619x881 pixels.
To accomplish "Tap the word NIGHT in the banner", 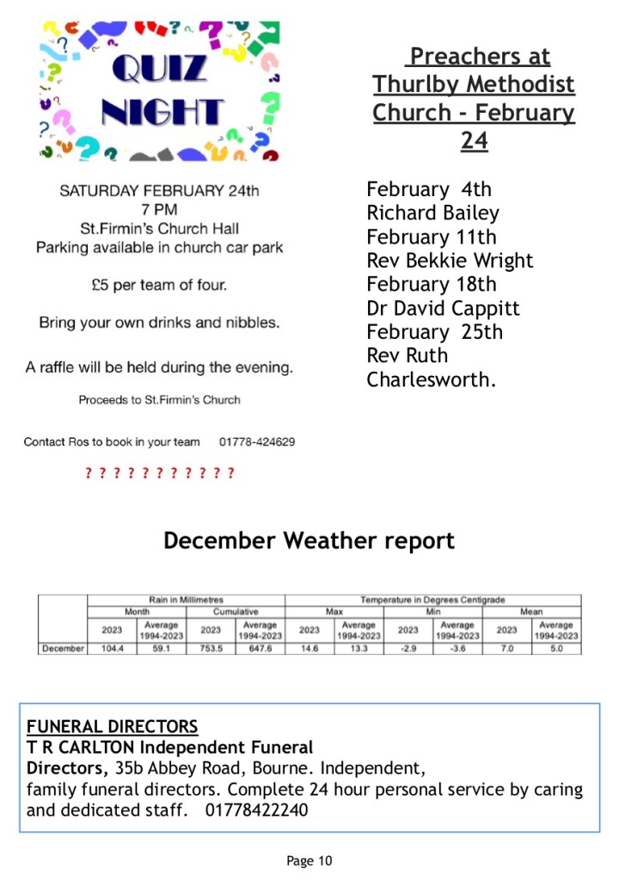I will coord(162,112).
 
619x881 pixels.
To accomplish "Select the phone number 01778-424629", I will coord(257,442).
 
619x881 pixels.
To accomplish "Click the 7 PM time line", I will coord(159,209).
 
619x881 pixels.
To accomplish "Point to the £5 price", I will coord(102,285).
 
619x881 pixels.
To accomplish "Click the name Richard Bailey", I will coord(432,213).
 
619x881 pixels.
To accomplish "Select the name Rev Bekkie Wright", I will coord(450,261).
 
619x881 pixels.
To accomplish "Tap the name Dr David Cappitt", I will coord(443,308).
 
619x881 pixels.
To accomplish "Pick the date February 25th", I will coord(434,332).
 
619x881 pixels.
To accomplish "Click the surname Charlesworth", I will coord(432,379).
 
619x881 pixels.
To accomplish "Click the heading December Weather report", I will coord(309,541).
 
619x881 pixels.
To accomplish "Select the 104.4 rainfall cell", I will coord(113,649).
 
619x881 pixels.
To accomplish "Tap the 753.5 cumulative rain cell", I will coord(211,649).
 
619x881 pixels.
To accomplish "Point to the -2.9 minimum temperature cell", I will coord(408,649).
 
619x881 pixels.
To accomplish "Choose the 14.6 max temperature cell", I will coord(309,649).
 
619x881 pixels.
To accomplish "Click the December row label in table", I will coord(63,649).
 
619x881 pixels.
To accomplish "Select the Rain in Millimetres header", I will coord(187,600).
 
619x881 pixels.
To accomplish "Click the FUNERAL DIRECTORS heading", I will coord(112,727).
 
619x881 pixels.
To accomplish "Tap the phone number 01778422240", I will coord(256,810).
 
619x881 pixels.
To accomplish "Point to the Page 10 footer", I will coord(309,860).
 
